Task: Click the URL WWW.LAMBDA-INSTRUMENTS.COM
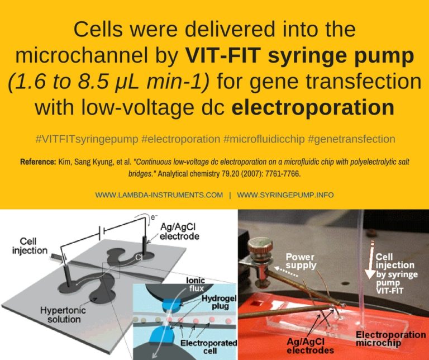point(159,195)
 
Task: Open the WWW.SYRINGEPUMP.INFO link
point(285,195)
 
